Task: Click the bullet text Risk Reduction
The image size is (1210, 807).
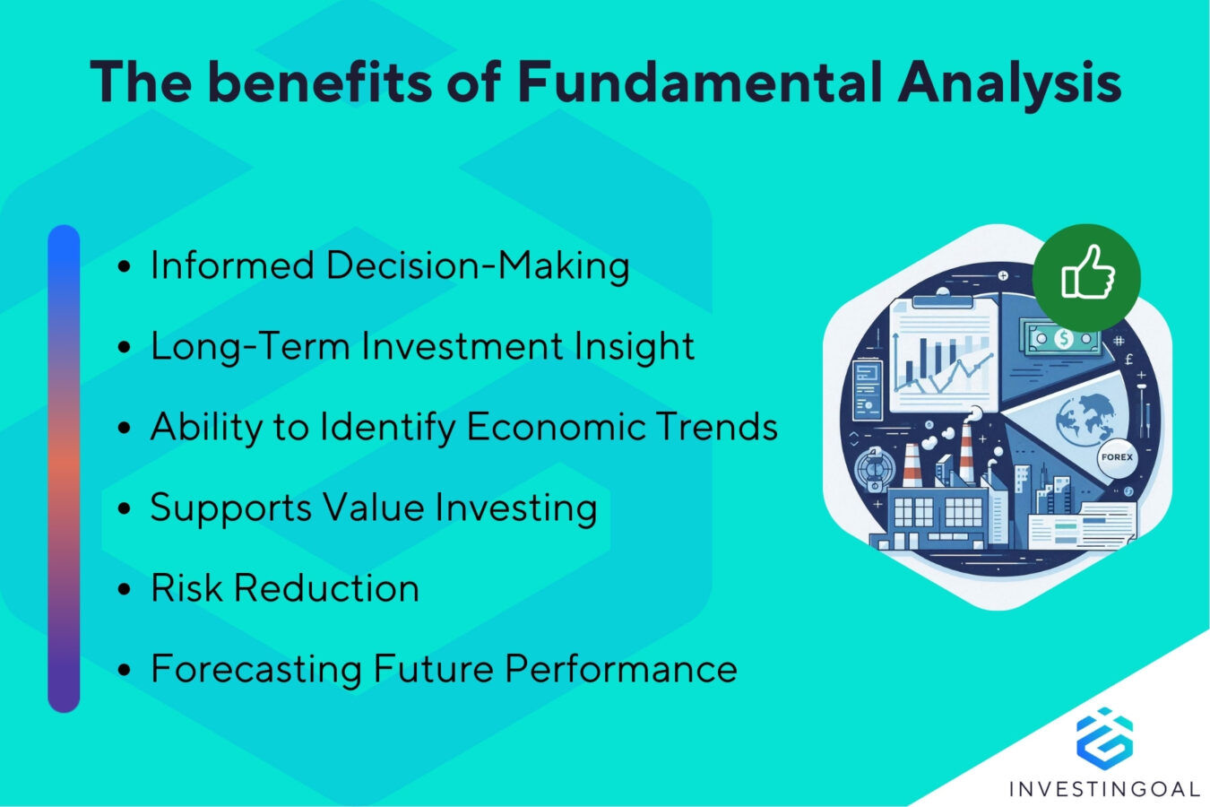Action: [284, 589]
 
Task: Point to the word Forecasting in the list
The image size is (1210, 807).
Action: [255, 670]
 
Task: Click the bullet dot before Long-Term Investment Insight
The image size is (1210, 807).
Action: [125, 348]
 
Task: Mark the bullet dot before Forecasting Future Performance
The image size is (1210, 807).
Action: [125, 671]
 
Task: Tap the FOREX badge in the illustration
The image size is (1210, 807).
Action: [1117, 457]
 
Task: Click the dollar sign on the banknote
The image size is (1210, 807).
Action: [1063, 339]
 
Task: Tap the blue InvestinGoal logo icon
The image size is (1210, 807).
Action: [1103, 737]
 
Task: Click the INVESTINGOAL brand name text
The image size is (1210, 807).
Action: [1103, 789]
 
